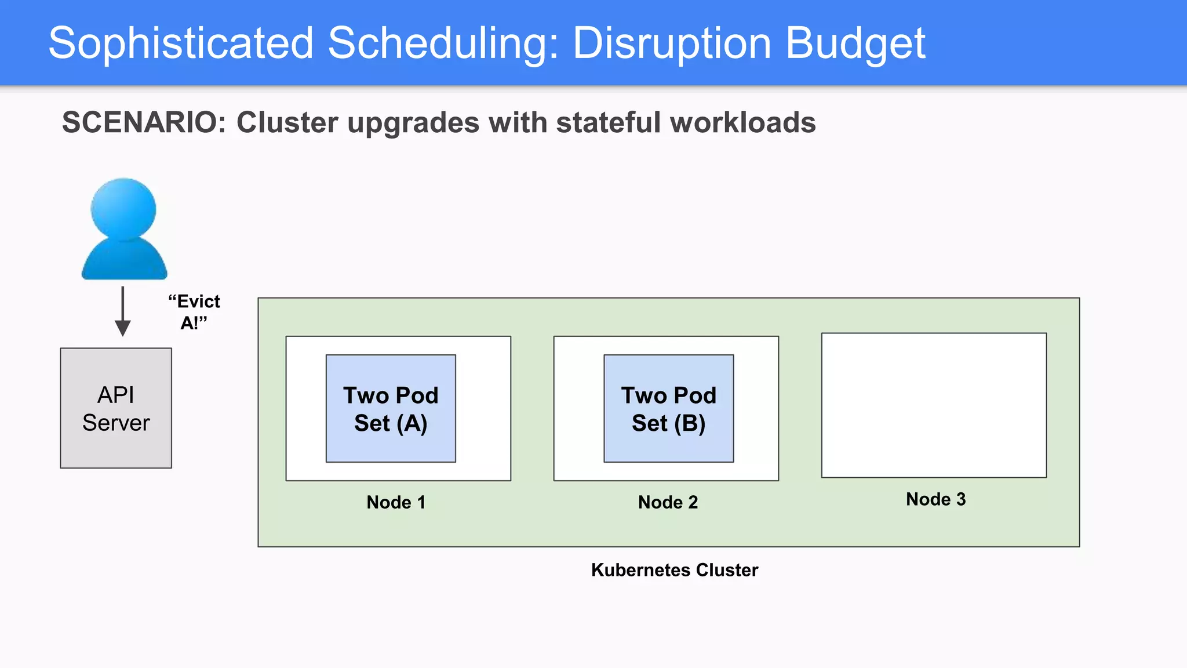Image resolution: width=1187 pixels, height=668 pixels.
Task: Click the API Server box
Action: [116, 408]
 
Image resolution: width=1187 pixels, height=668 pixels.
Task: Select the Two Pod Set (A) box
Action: [391, 409]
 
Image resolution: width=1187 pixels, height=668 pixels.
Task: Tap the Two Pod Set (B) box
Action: [668, 409]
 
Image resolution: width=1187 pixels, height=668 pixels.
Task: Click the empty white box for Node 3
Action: [934, 405]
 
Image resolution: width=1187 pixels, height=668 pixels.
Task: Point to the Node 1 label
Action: [396, 502]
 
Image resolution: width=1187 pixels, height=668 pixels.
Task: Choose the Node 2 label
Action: [668, 502]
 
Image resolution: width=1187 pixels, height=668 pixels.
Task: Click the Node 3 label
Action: [935, 499]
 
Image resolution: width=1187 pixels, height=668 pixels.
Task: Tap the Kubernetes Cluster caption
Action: [674, 570]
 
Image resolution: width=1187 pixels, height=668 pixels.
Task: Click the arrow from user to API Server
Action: [122, 311]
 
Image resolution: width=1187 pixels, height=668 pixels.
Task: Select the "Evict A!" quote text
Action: [194, 312]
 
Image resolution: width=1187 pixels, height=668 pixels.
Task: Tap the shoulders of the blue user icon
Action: [124, 261]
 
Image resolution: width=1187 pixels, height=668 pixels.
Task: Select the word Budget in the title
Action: [855, 43]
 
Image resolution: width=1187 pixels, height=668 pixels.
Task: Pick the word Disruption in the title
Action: [672, 43]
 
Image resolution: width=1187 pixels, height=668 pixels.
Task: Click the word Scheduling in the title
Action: [443, 43]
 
